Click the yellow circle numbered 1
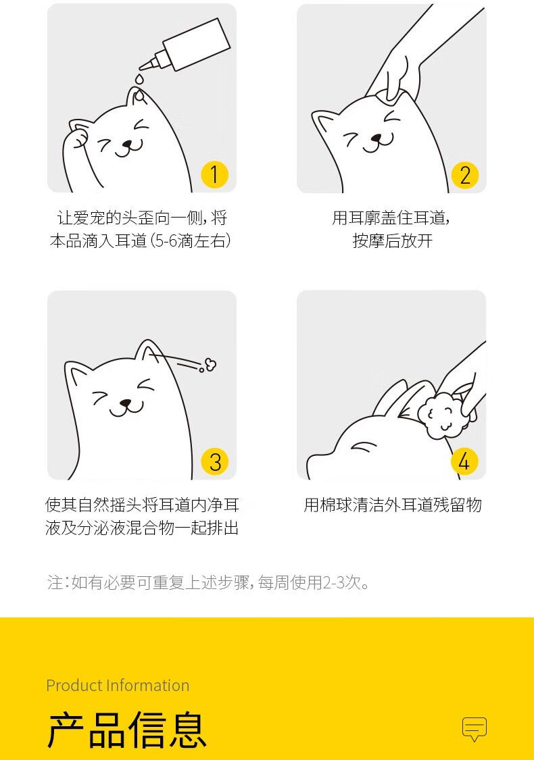(x=215, y=175)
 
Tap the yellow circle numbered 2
(x=464, y=175)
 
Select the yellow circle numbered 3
(x=215, y=462)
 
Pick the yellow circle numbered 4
(x=464, y=461)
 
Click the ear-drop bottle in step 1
(x=186, y=45)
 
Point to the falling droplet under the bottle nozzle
(x=140, y=78)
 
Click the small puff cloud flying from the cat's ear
(x=210, y=364)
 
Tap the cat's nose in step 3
(x=126, y=403)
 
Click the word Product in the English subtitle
(x=74, y=686)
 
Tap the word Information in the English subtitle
(x=147, y=686)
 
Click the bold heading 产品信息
(x=127, y=730)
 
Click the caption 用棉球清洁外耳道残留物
(x=392, y=505)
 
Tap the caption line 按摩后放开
(x=392, y=241)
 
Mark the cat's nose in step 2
(x=377, y=139)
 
